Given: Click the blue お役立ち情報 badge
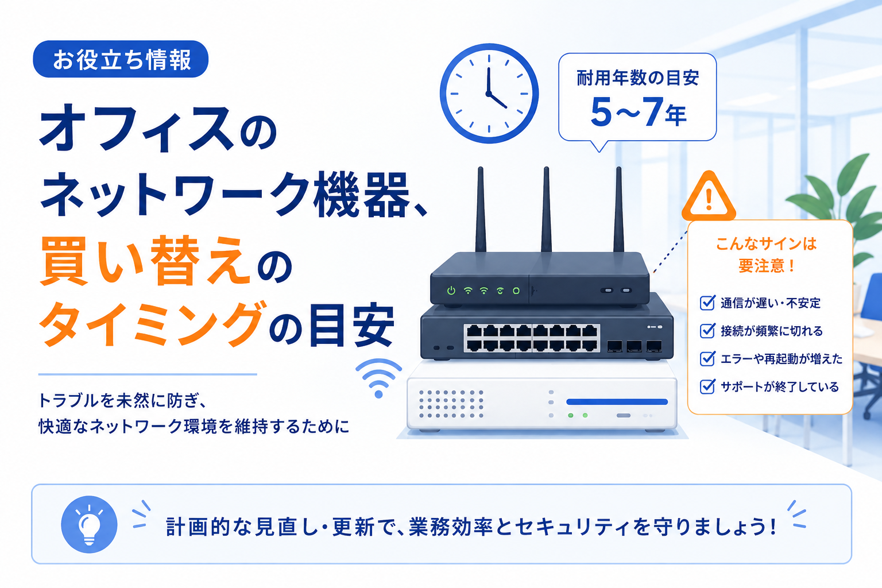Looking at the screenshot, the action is point(121,59).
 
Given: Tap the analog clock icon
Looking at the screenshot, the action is point(489,94).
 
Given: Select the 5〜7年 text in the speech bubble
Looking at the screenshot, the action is point(639,113).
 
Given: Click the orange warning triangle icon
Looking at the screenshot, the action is point(709,196).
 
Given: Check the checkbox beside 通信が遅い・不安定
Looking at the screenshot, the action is point(707,303).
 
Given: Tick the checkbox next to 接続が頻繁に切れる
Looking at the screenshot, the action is point(707,331).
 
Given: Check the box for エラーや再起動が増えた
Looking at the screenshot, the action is point(707,358).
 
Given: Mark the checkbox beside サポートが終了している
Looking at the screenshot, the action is point(707,386).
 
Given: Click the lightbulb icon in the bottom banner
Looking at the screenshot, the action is point(90,524).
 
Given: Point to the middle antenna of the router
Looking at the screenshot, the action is point(546,210).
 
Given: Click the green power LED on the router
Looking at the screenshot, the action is point(451,291).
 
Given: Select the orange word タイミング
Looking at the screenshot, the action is point(152,324).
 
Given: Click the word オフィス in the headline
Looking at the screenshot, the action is point(137,129).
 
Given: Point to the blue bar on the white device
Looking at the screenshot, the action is point(617,402).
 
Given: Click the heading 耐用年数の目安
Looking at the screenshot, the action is point(639,78).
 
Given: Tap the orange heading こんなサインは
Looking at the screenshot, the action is point(766,244).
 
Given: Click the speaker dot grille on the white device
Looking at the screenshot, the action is point(451,404).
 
